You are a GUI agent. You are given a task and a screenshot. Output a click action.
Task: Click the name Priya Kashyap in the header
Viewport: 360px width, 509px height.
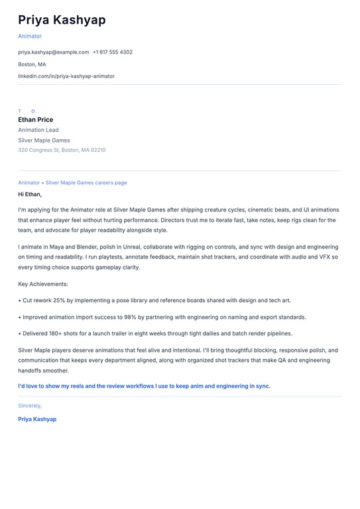click(x=62, y=20)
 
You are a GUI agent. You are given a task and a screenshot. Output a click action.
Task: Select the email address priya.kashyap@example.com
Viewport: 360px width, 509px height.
click(x=53, y=52)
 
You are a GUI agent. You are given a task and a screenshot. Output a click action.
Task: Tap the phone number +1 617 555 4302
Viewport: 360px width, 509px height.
click(x=113, y=52)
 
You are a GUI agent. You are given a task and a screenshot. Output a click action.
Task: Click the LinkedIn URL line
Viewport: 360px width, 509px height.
click(x=66, y=76)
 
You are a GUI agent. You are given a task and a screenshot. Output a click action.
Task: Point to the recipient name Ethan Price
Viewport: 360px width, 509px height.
click(x=36, y=120)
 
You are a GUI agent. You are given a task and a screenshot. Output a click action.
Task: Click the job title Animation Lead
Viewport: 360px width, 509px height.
click(x=38, y=130)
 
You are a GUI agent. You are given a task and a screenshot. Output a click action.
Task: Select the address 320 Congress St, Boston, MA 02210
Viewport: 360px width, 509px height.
click(x=62, y=150)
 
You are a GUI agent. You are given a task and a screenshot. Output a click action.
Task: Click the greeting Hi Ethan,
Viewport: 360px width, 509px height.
click(x=30, y=194)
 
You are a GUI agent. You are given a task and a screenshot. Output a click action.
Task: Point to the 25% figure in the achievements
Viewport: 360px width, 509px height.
click(x=58, y=300)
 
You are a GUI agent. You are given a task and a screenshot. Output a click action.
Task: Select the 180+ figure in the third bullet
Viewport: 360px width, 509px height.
click(x=58, y=333)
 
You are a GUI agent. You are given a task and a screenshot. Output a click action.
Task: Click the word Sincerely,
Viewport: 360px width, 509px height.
click(x=30, y=406)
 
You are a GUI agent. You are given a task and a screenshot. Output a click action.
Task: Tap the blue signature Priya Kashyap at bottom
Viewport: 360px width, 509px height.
click(x=37, y=419)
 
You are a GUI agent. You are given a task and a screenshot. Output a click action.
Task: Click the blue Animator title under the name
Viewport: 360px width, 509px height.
click(x=30, y=36)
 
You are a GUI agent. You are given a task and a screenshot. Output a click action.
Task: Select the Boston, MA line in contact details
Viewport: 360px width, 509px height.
click(x=32, y=64)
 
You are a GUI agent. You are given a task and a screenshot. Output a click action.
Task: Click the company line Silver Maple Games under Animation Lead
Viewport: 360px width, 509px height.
click(x=44, y=141)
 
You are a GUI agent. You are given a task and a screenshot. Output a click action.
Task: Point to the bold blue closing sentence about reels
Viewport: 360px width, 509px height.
click(x=144, y=386)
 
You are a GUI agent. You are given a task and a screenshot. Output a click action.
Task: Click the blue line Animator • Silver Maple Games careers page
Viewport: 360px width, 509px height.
click(x=72, y=183)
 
